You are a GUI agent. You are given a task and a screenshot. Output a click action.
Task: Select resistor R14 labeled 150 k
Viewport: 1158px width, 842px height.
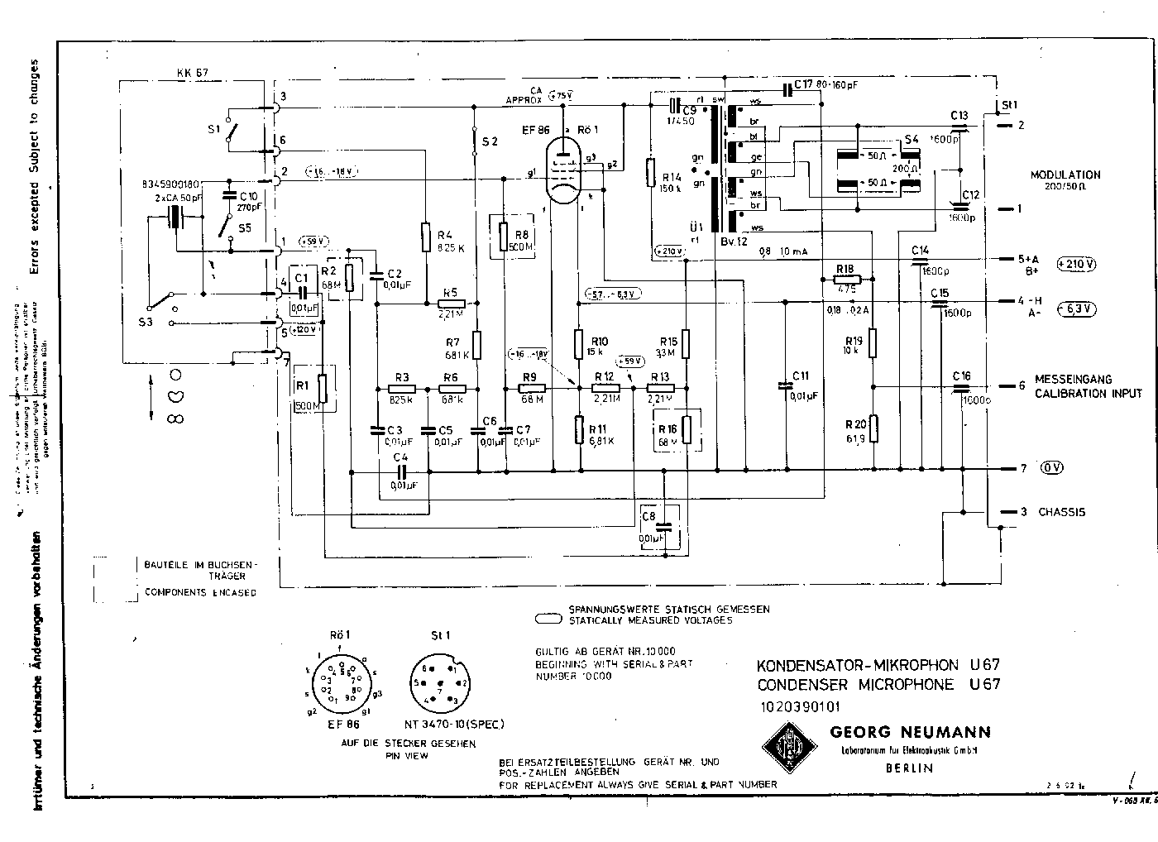(651, 172)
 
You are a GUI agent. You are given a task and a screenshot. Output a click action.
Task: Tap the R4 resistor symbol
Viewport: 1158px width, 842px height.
(425, 236)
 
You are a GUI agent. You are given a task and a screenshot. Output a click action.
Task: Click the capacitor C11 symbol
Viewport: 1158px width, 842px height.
(785, 385)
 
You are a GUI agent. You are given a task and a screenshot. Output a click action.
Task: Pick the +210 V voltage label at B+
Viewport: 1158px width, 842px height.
(1077, 265)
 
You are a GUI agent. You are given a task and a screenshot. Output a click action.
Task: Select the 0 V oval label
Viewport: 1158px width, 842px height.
(1051, 468)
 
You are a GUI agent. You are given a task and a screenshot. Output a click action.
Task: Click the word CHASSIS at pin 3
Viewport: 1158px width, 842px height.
(1062, 512)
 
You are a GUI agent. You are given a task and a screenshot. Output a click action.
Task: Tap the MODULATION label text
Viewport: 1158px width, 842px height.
(1065, 175)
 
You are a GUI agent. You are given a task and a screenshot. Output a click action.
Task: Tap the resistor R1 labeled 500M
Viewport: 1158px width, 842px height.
(323, 387)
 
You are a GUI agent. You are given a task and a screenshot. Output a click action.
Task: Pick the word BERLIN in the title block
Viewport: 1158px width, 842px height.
(908, 768)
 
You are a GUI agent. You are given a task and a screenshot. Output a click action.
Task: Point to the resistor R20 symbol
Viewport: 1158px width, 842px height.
(874, 428)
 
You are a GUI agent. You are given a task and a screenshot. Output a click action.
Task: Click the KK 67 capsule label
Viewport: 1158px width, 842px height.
(192, 73)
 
